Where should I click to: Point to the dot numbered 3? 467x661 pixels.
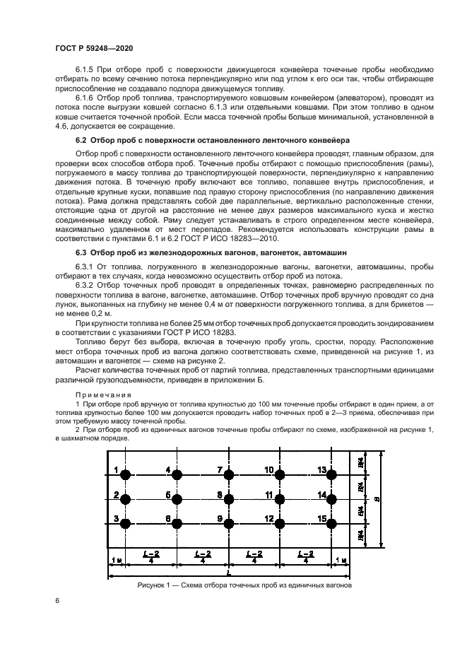tap(126, 524)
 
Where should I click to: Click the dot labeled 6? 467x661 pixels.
tap(177, 524)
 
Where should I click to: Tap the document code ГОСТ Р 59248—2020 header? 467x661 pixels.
tap(95, 47)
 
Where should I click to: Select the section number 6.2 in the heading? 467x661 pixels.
tap(83, 141)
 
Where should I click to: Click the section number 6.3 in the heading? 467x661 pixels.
tap(83, 252)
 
